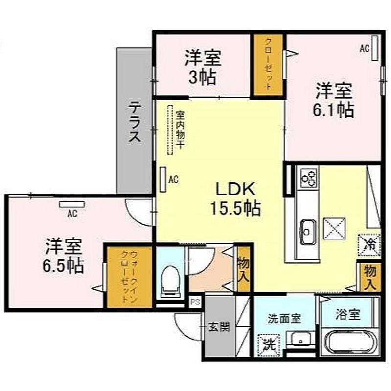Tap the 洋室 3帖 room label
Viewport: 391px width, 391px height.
click(x=203, y=67)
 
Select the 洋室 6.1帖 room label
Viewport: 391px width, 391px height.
click(x=334, y=100)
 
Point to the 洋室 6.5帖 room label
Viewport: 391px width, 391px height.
click(x=63, y=256)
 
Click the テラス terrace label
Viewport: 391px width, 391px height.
click(x=135, y=123)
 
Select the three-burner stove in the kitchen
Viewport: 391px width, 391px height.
click(x=309, y=177)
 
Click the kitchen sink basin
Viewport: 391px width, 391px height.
click(x=308, y=232)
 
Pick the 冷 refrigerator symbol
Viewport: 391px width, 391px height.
click(x=369, y=245)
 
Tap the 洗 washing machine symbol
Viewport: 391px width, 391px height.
click(x=269, y=345)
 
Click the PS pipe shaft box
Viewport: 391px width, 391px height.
click(x=196, y=302)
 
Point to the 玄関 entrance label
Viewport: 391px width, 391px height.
click(x=219, y=327)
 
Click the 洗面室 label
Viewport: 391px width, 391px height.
click(x=284, y=319)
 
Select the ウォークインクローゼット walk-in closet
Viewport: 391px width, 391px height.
click(x=129, y=277)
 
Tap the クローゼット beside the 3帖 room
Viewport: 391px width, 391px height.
click(x=268, y=65)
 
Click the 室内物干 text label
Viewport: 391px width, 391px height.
click(x=180, y=130)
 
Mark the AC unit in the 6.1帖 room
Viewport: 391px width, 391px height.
click(x=375, y=48)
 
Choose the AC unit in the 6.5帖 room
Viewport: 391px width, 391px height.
click(x=72, y=204)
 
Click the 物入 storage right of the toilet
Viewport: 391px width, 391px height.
click(x=243, y=269)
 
